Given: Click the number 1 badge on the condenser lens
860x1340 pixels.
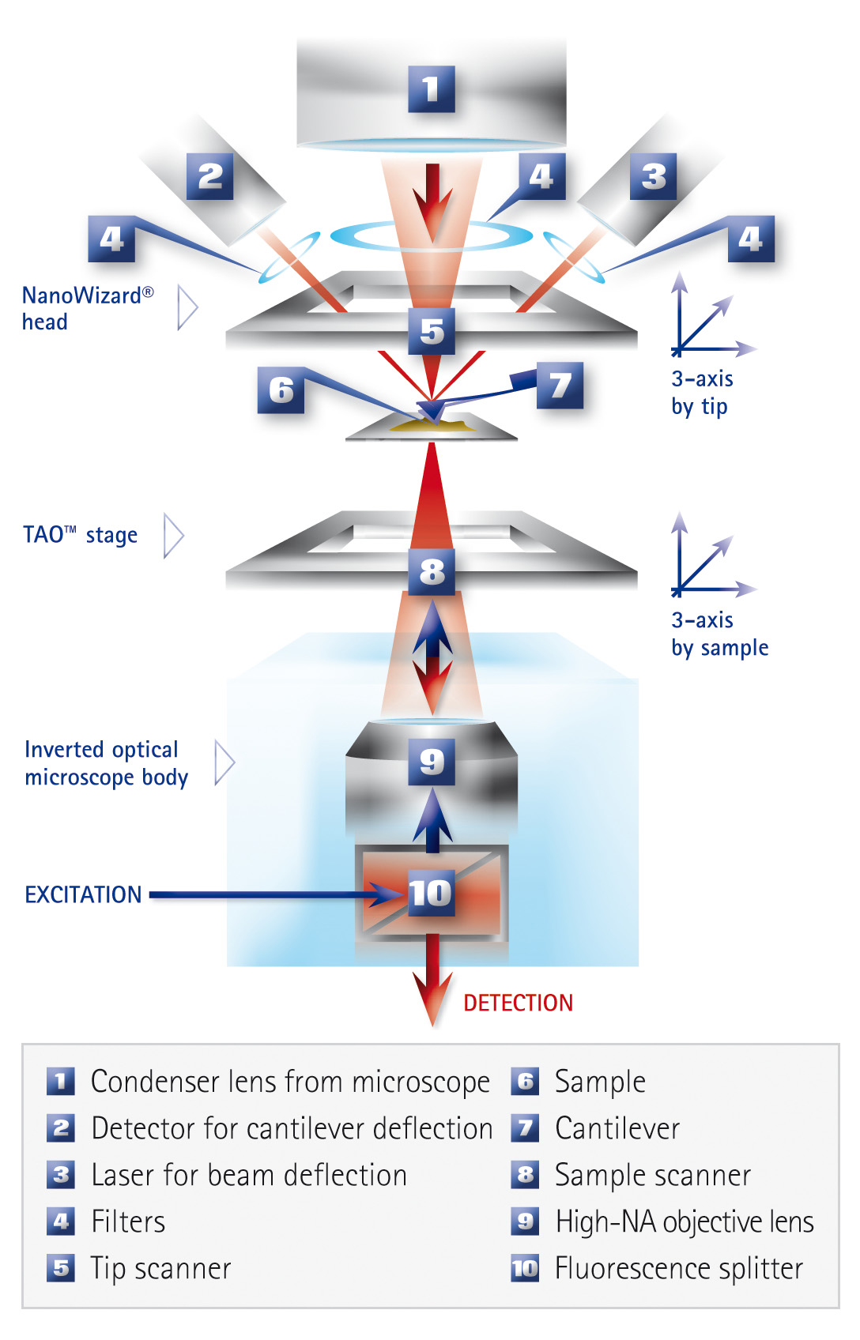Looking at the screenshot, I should [431, 89].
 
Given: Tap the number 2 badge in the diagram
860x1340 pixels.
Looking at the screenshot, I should [209, 176].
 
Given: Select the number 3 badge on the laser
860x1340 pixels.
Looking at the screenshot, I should [653, 176].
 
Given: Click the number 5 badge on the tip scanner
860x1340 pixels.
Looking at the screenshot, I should [432, 331].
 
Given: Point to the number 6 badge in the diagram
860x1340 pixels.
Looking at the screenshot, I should [281, 390].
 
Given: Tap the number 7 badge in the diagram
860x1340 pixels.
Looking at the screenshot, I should [560, 386].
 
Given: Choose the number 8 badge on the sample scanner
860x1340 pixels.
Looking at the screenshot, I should [432, 571].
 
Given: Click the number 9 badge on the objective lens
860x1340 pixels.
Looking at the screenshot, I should [432, 762].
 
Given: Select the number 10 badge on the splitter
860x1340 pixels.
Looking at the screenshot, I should [431, 894].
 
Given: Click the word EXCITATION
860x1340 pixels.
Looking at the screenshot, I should [83, 894].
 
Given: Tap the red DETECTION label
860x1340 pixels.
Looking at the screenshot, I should [518, 1003].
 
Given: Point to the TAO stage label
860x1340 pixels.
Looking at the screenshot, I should [80, 535].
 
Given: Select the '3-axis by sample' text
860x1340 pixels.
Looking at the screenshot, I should [719, 634].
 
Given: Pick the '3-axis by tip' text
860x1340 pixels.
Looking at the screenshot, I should [702, 393].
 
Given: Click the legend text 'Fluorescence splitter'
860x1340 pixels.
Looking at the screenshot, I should [678, 1268].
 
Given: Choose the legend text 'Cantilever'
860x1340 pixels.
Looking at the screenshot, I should [617, 1128].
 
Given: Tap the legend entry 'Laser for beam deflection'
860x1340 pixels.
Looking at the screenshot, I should [249, 1175].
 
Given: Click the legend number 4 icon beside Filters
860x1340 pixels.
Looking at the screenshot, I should [61, 1221].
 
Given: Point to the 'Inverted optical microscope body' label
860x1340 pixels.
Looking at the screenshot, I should [106, 763].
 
